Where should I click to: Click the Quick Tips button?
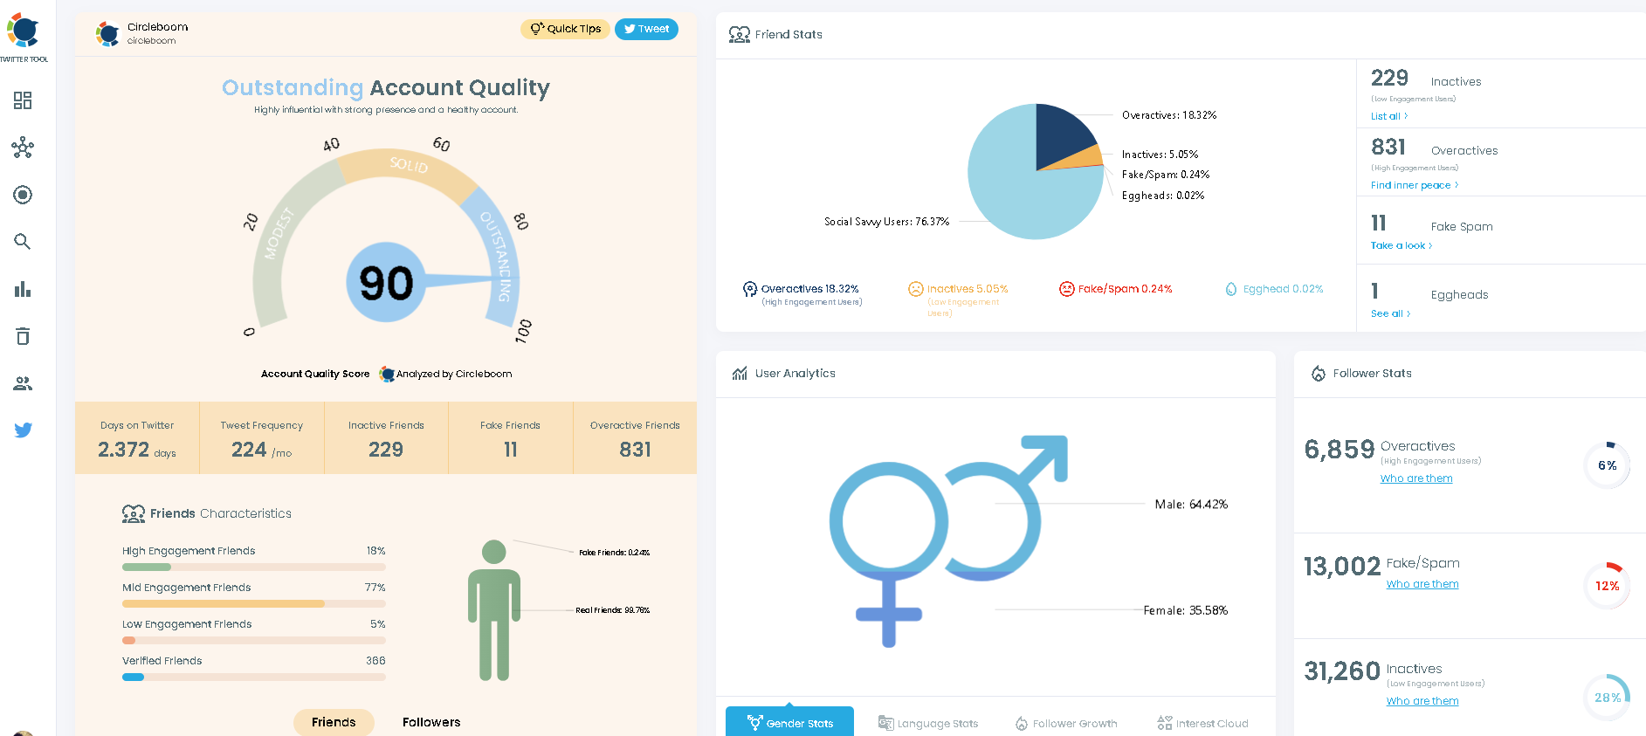[x=566, y=29]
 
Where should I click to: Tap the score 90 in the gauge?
[x=386, y=283]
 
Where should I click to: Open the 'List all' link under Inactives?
[x=1388, y=116]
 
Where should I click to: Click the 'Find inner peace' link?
[x=1414, y=185]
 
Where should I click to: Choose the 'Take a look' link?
[x=1401, y=245]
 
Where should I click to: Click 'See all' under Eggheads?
[x=1390, y=313]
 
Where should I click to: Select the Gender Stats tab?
[x=789, y=723]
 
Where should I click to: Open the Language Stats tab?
[x=928, y=723]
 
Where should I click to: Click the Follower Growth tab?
[x=1066, y=723]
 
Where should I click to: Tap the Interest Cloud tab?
[x=1202, y=723]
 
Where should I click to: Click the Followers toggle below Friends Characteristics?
[x=431, y=722]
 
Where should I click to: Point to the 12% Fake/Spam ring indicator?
[x=1607, y=586]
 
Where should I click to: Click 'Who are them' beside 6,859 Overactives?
[x=1416, y=478]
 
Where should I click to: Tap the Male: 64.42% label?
[x=1190, y=505]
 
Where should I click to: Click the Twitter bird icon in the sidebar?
[x=24, y=430]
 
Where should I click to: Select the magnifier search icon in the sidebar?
[x=23, y=242]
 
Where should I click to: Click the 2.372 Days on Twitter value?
[x=124, y=450]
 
